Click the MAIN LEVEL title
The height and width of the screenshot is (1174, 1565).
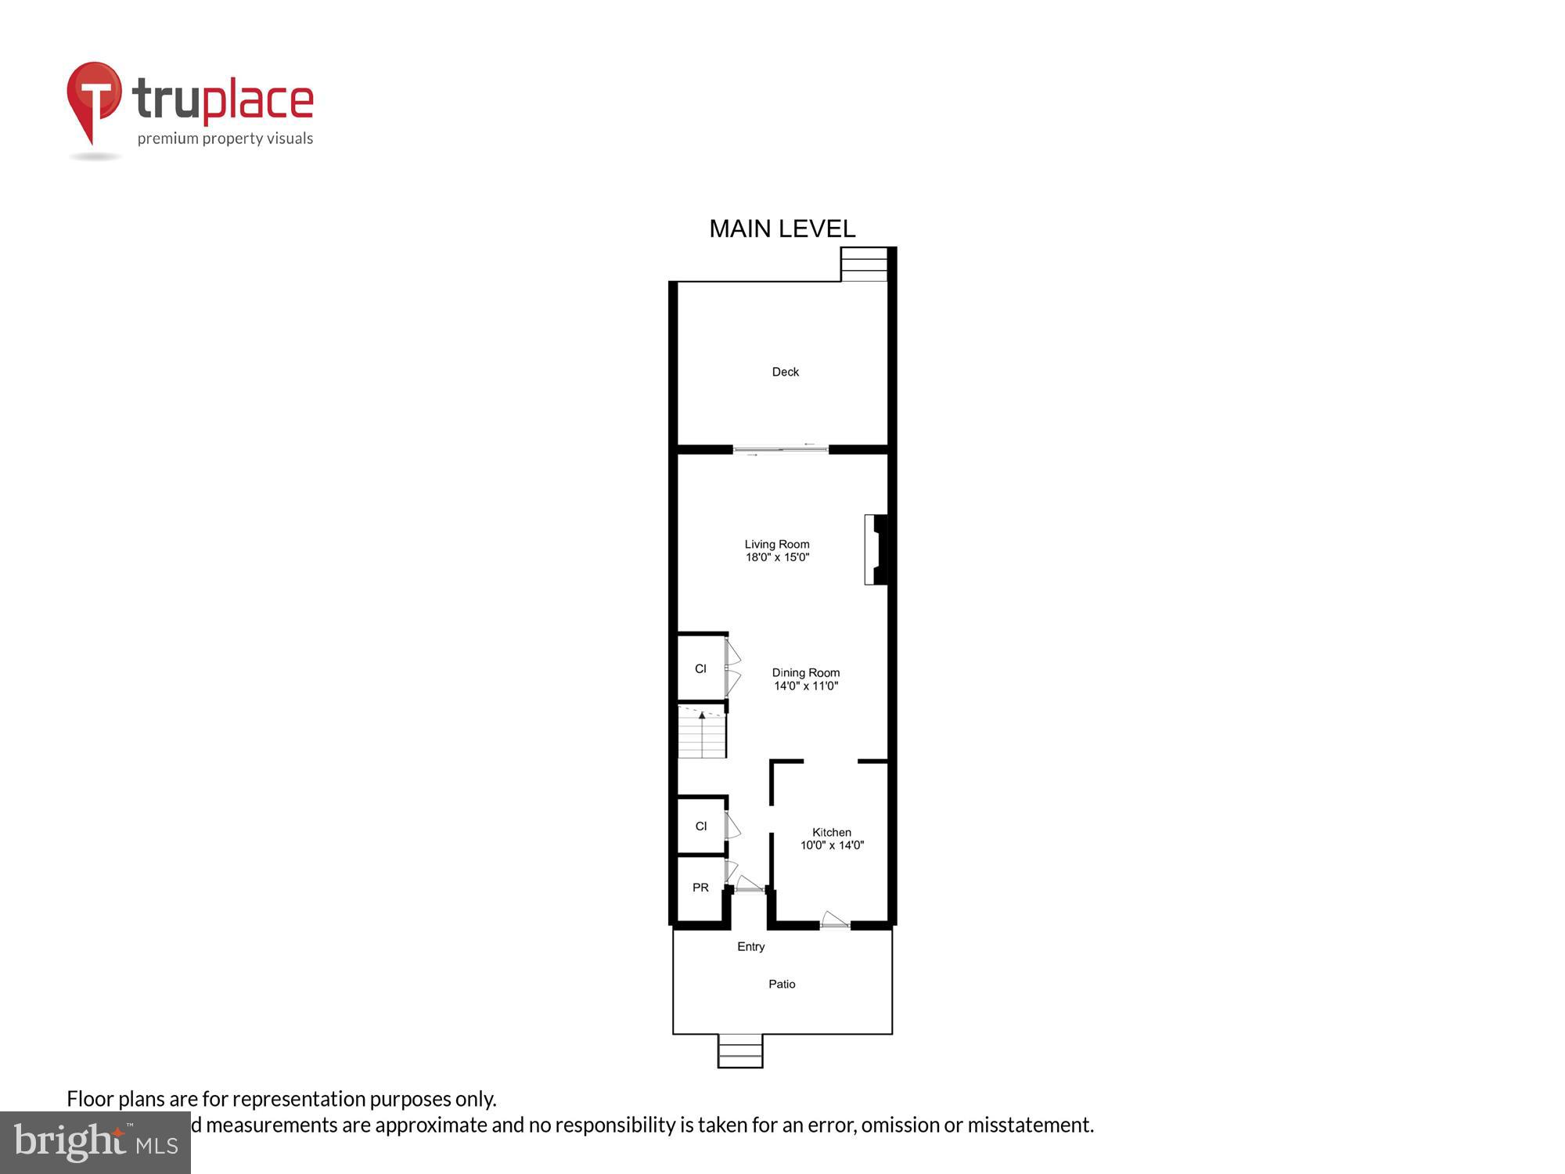782,229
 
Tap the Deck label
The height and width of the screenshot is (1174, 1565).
785,372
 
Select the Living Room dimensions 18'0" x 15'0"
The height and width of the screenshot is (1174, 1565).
777,557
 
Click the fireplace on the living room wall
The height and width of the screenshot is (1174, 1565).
876,549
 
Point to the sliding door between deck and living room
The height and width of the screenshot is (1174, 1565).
780,449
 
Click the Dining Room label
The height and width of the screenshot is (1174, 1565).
805,672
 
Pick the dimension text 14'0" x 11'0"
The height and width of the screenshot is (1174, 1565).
806,686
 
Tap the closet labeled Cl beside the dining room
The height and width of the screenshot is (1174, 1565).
700,668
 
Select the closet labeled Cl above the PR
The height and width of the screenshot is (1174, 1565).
701,826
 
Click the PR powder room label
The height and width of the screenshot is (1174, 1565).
700,888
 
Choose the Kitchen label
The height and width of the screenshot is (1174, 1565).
831,832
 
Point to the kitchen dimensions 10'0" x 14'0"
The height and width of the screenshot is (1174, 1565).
832,845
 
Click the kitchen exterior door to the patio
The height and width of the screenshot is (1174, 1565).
834,922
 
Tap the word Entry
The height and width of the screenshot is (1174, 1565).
750,946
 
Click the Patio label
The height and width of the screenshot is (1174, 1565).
782,984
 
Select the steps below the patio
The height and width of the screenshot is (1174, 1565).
740,1051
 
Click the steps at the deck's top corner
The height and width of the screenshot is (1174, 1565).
864,264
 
